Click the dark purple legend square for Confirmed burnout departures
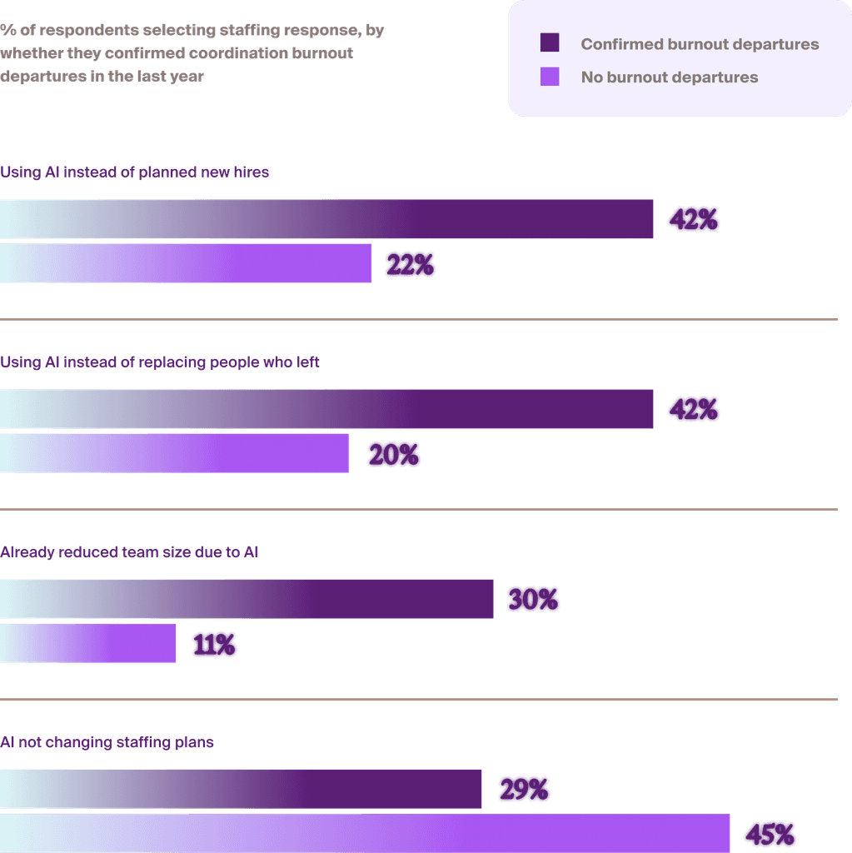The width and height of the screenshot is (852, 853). tap(550, 43)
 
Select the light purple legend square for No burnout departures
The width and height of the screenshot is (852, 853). tap(550, 77)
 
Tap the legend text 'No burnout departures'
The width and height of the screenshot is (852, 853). tap(670, 77)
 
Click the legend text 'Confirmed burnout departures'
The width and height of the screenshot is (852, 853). tap(700, 44)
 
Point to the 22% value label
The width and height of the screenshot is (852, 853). tap(409, 265)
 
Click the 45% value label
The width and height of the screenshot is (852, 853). tap(769, 834)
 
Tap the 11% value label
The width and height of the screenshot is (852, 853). tap(214, 645)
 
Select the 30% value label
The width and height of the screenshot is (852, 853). tap(532, 600)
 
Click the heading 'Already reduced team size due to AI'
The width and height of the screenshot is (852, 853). tap(129, 552)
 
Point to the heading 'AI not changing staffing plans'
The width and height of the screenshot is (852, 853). tap(107, 742)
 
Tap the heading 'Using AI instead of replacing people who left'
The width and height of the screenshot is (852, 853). tap(160, 362)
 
